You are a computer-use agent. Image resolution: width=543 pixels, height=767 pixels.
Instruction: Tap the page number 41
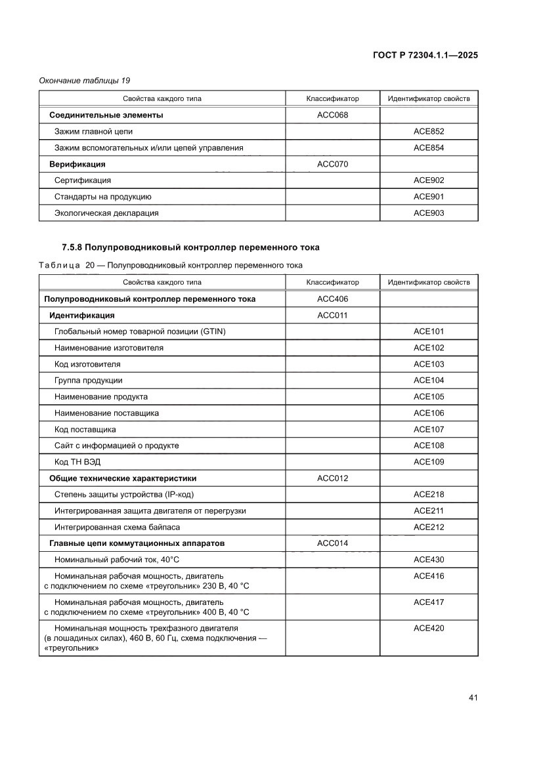(x=473, y=697)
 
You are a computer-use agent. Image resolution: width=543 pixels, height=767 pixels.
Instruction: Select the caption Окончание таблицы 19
(x=84, y=81)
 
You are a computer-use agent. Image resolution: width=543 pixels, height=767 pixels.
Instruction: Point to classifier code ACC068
(x=332, y=115)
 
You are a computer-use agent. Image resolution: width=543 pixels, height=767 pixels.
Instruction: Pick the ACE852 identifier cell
(x=429, y=132)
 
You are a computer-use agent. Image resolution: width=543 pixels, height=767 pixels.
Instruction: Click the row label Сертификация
(x=83, y=180)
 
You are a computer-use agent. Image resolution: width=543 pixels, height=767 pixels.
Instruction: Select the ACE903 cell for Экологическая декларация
(x=429, y=213)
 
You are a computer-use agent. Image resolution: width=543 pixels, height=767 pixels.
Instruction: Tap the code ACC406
(x=332, y=299)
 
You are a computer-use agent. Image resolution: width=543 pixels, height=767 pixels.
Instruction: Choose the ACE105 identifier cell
(x=429, y=397)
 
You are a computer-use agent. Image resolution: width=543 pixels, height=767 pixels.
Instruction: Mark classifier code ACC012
(x=332, y=478)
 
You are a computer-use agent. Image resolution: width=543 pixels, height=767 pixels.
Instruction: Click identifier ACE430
(x=429, y=560)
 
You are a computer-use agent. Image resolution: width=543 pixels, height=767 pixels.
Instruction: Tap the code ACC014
(x=332, y=543)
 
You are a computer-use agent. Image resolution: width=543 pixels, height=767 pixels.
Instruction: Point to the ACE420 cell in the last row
(x=429, y=629)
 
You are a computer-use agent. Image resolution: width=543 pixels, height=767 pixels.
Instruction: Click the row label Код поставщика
(x=85, y=430)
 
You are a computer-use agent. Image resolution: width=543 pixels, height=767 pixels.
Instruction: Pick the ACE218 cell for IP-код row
(x=429, y=495)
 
